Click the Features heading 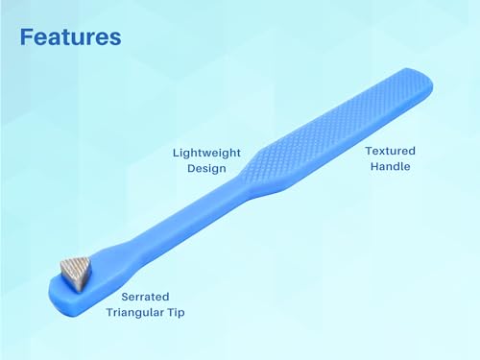click(x=71, y=37)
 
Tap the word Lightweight click(x=206, y=153)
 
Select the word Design click(x=206, y=168)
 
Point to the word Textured click(x=391, y=151)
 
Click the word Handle click(x=391, y=166)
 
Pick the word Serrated click(x=145, y=297)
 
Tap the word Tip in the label click(x=177, y=313)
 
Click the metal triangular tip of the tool click(x=76, y=272)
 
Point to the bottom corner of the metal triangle click(x=79, y=291)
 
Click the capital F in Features click(x=26, y=37)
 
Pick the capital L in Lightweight click(x=176, y=153)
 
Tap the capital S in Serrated click(x=125, y=297)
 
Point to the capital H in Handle click(x=374, y=166)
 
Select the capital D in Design click(x=191, y=168)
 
